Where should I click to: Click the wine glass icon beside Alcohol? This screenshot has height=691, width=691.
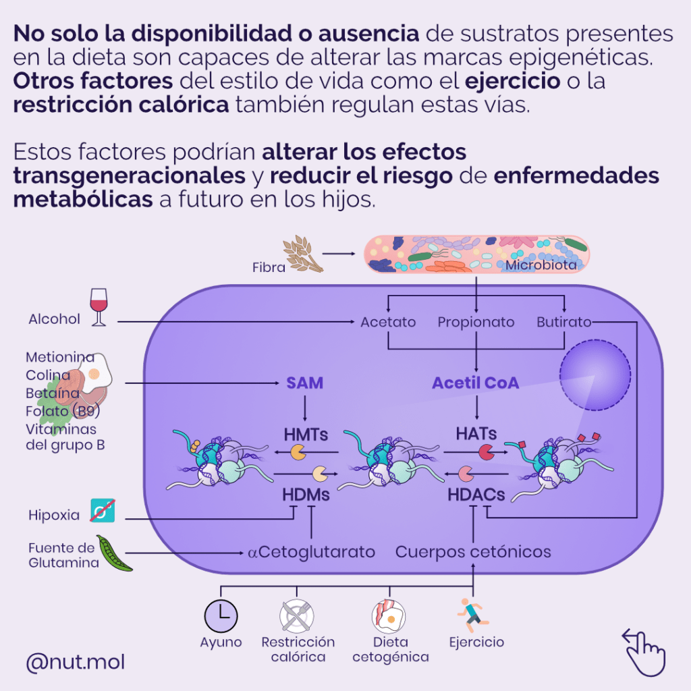(x=99, y=308)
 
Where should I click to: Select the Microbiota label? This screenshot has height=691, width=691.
(x=541, y=265)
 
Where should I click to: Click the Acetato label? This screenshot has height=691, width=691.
(x=388, y=322)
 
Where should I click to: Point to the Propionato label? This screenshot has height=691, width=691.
(x=476, y=322)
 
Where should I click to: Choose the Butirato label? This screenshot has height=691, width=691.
(x=564, y=322)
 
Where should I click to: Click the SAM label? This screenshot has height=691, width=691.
(x=305, y=383)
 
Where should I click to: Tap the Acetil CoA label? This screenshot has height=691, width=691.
(x=476, y=383)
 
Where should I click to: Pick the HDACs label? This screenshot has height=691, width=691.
(x=476, y=495)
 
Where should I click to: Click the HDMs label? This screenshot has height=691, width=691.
(x=306, y=495)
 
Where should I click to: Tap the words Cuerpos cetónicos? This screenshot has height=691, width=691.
(x=473, y=552)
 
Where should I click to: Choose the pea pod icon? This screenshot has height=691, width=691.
(x=115, y=553)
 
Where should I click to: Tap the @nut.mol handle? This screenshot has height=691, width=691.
(x=75, y=662)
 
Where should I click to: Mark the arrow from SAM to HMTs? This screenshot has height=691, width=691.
(x=305, y=408)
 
